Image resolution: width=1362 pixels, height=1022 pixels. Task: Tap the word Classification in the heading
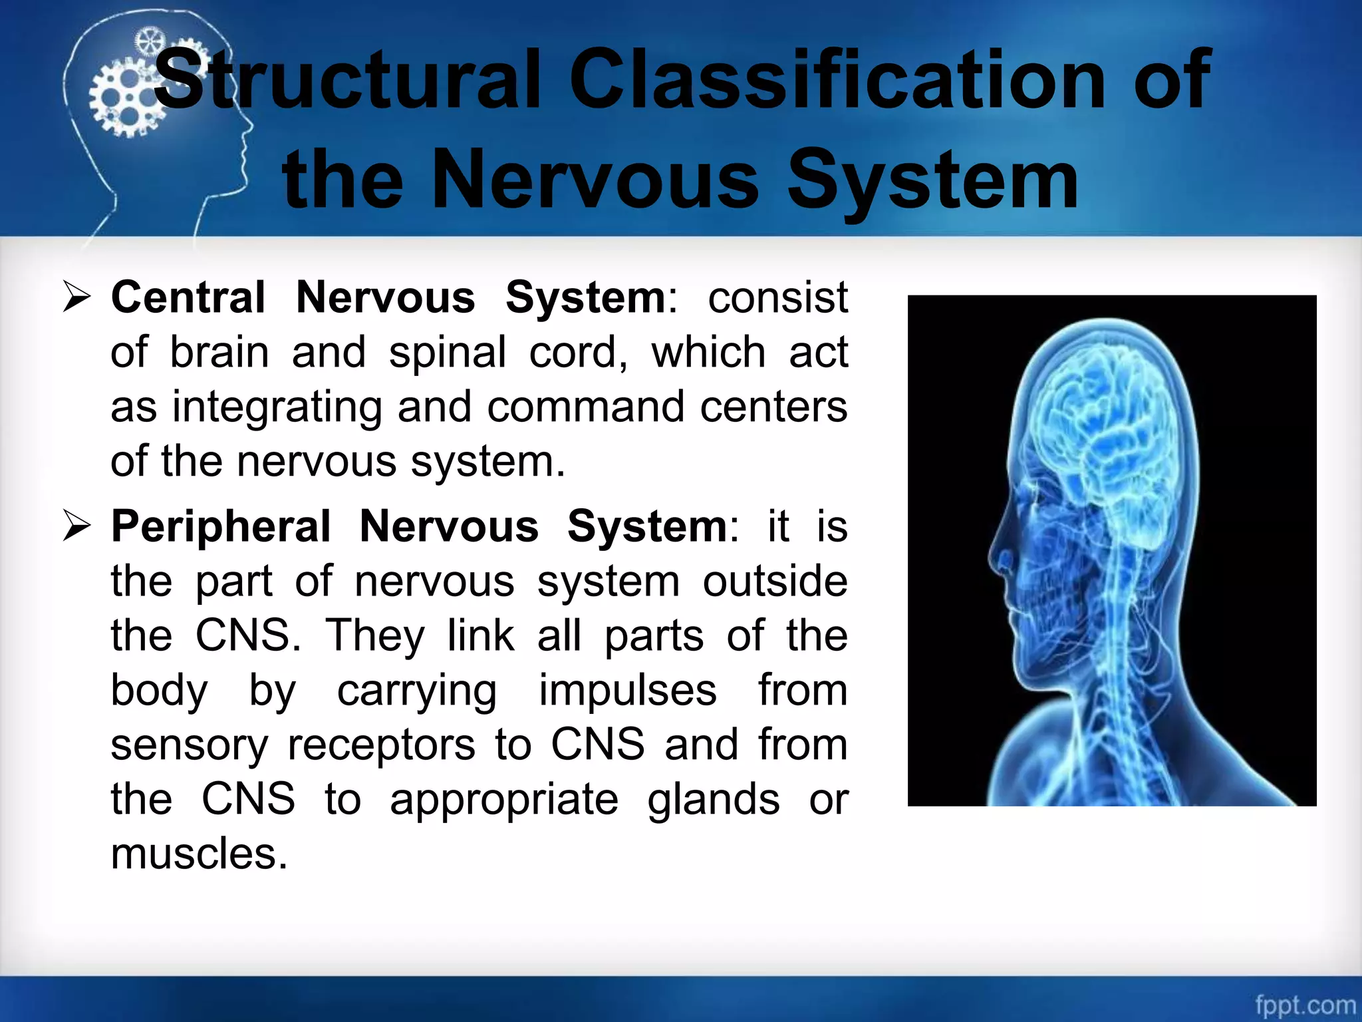click(838, 81)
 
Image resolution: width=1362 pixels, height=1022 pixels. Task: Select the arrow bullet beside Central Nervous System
click(76, 297)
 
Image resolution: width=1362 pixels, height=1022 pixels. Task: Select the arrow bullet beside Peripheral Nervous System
click(76, 526)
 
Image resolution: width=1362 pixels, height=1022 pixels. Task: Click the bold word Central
click(188, 297)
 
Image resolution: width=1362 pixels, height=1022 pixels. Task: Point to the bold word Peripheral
click(221, 526)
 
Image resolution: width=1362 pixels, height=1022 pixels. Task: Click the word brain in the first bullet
click(219, 352)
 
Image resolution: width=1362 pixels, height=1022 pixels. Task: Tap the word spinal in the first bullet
click(447, 353)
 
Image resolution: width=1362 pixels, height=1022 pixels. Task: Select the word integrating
click(277, 408)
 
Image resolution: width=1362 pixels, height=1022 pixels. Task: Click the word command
click(586, 407)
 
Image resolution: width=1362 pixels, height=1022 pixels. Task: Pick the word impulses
click(627, 691)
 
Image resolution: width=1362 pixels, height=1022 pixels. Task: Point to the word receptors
click(381, 745)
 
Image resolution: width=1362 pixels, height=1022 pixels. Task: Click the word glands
click(713, 800)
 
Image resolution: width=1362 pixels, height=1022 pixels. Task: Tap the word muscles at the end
click(199, 854)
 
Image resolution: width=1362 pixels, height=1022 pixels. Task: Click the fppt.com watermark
click(1305, 1004)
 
